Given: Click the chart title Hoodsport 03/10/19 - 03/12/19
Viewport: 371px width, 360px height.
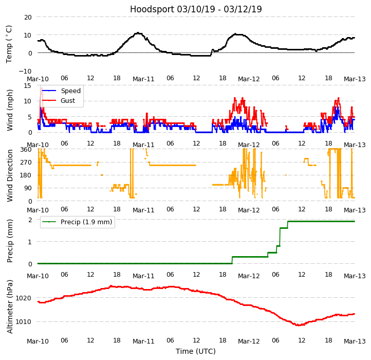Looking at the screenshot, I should [196, 9].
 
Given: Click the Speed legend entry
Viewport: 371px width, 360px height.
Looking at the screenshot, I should [70, 91].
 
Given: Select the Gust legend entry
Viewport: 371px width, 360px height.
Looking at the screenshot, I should [67, 101].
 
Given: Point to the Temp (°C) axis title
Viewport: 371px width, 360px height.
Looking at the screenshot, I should [9, 44].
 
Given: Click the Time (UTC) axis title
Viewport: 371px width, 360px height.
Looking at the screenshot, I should [196, 351].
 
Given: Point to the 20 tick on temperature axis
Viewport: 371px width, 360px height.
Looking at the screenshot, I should [27, 17].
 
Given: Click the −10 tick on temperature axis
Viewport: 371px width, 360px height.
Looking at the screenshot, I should [25, 71].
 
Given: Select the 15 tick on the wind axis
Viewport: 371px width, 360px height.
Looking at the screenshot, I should [27, 85].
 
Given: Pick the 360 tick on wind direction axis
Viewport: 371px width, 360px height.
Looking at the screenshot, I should [25, 150].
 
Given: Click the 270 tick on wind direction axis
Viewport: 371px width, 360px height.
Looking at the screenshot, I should [25, 163].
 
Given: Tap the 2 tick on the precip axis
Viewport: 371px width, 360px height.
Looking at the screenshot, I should [30, 220].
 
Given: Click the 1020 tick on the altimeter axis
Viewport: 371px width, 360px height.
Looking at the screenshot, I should [23, 298].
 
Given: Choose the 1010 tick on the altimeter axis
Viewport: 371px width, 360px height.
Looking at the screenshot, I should [23, 322].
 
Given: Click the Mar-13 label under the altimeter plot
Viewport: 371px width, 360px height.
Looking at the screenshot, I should [355, 341].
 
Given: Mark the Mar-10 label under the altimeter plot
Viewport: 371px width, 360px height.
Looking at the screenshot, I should [38, 341].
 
